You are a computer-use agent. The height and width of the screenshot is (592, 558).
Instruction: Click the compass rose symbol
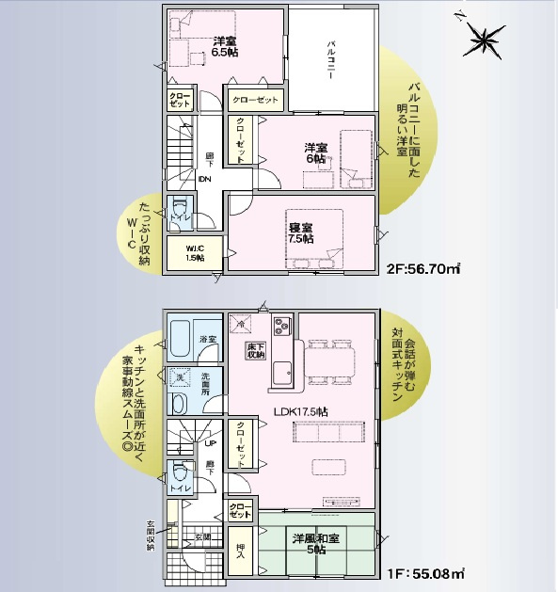click(487, 40)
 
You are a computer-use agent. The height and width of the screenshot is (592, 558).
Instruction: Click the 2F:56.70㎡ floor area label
click(422, 268)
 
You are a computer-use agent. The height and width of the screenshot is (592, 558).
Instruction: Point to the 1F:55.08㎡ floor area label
click(422, 571)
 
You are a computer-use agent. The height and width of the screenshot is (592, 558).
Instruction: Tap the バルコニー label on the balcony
click(332, 60)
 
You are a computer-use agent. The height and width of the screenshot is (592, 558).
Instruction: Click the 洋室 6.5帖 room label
click(223, 47)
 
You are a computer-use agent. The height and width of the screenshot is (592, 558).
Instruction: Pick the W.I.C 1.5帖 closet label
click(195, 252)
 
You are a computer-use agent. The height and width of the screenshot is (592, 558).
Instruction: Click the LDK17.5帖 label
click(300, 411)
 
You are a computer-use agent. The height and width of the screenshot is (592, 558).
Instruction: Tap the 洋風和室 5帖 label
click(315, 545)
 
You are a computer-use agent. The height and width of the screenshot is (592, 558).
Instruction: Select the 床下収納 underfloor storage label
click(256, 351)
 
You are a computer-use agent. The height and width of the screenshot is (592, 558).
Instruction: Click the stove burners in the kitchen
click(284, 327)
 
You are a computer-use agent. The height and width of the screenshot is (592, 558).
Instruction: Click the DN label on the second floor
click(205, 180)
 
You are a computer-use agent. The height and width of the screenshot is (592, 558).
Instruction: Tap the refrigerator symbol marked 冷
click(242, 323)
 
